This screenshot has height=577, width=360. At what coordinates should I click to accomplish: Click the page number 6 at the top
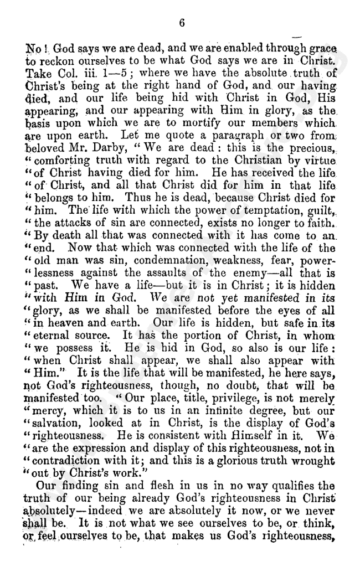point(181,23)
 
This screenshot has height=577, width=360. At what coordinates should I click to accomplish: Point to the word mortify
point(212,125)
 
